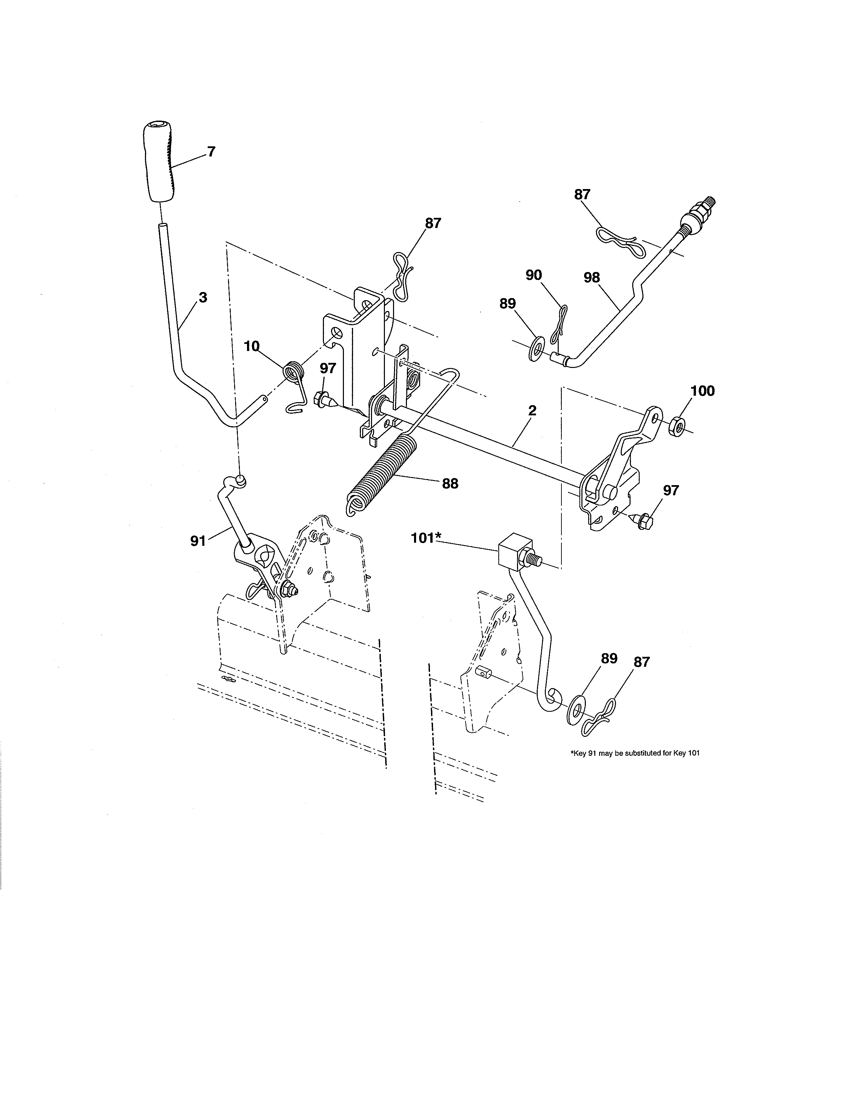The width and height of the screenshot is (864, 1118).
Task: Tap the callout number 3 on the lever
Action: [x=203, y=297]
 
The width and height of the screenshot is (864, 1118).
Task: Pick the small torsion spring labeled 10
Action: [x=294, y=373]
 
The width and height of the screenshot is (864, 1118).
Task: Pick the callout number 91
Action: [x=198, y=541]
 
